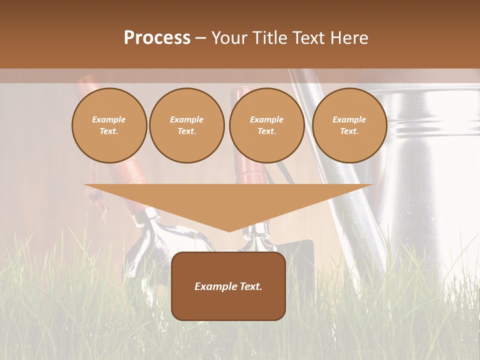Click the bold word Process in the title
pyautogui.click(x=157, y=38)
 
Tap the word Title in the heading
pyautogui.click(x=268, y=38)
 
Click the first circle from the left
pyautogui.click(x=109, y=125)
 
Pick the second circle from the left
pyautogui.click(x=186, y=125)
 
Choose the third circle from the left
pyautogui.click(x=266, y=125)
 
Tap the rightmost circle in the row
pyautogui.click(x=349, y=125)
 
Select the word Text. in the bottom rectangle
pyautogui.click(x=250, y=286)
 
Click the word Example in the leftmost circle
pyautogui.click(x=109, y=119)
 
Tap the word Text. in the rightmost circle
pyautogui.click(x=349, y=131)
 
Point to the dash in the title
pyautogui.click(x=201, y=38)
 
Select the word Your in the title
pyautogui.click(x=229, y=38)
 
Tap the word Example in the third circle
pyautogui.click(x=266, y=119)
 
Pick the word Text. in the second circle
pyautogui.click(x=186, y=131)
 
